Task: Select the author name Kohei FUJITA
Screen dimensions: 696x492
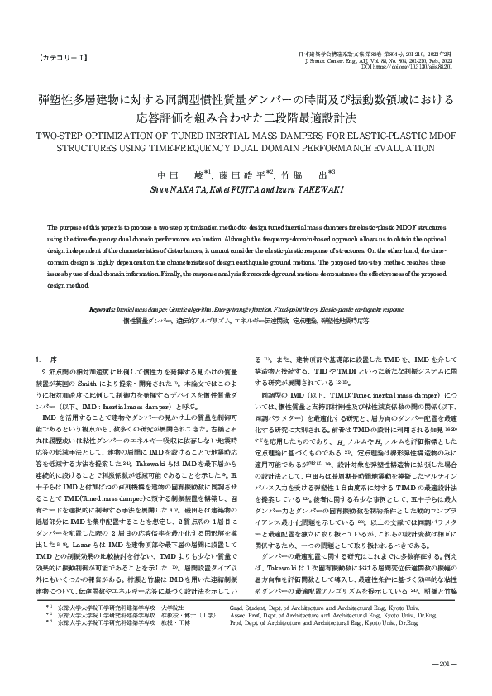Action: click(226, 189)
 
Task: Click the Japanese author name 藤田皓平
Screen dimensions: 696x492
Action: click(243, 175)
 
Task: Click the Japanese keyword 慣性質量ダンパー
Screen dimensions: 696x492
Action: click(148, 319)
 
